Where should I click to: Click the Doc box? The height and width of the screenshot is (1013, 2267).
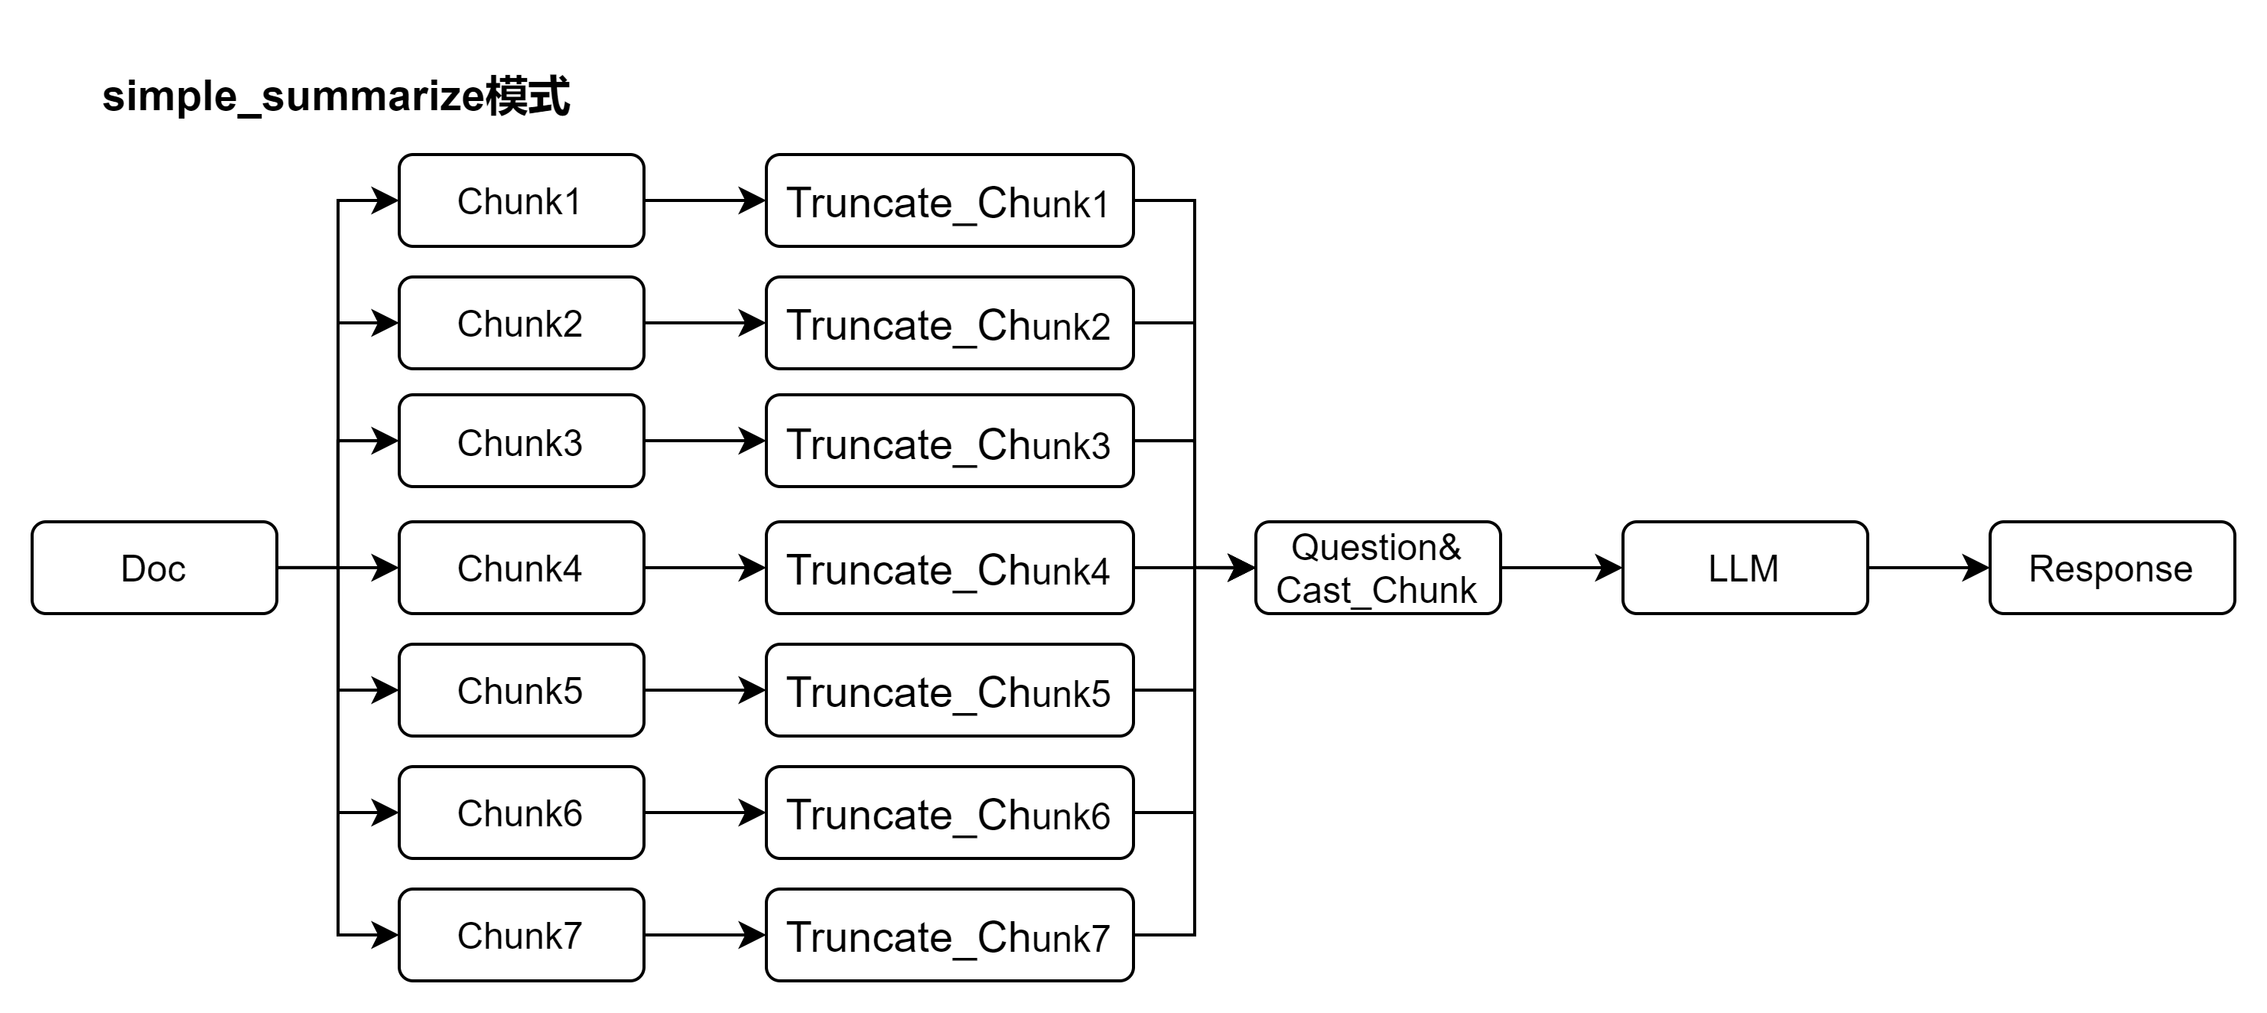[x=154, y=568]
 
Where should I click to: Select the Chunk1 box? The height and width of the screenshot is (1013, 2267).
[x=521, y=200]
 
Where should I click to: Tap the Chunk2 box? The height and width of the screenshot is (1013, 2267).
[x=521, y=323]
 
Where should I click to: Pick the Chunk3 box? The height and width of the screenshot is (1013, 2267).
[x=521, y=441]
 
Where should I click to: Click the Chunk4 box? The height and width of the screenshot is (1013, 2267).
[x=521, y=568]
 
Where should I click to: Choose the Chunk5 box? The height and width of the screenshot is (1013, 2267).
[x=521, y=690]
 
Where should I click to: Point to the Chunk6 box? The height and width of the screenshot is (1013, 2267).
[x=521, y=813]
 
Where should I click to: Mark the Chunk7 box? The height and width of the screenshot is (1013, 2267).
[x=521, y=935]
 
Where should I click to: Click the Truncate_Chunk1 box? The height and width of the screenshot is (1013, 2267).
[x=948, y=200]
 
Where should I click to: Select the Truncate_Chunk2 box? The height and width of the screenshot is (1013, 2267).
[x=948, y=323]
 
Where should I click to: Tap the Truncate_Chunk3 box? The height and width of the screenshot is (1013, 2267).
[x=948, y=441]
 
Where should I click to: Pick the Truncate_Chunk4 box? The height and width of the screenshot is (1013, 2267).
[x=948, y=568]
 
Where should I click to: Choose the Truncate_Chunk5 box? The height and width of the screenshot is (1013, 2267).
[x=948, y=690]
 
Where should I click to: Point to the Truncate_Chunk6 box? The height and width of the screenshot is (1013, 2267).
[x=948, y=813]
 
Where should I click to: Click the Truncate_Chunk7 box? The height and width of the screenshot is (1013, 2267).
[x=948, y=935]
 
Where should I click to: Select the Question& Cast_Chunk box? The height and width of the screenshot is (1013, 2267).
[x=1377, y=568]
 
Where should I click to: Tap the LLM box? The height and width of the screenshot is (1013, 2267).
[x=1745, y=568]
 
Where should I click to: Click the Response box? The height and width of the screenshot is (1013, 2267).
[x=2111, y=568]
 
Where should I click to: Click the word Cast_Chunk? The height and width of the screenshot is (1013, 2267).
[x=1377, y=591]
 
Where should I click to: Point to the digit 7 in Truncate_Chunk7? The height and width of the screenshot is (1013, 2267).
[x=1099, y=939]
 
